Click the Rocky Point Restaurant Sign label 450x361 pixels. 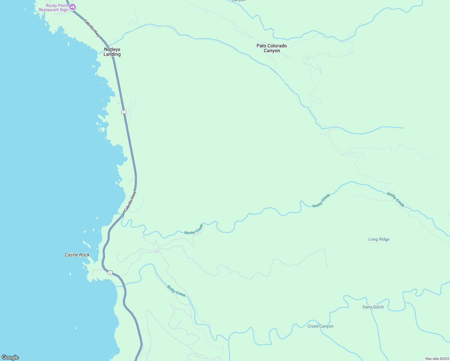(x=53, y=8)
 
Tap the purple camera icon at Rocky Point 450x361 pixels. (x=72, y=7)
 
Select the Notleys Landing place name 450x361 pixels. (x=112, y=52)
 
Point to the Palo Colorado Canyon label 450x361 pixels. (x=272, y=48)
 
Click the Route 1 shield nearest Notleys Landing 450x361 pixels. (x=124, y=112)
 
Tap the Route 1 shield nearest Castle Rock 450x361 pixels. (x=110, y=273)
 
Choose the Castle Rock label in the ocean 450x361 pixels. (x=77, y=255)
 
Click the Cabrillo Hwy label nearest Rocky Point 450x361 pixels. (x=92, y=28)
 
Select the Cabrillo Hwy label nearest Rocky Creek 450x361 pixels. (x=130, y=201)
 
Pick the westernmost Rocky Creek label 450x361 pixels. (x=194, y=229)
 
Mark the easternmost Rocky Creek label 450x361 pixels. (x=396, y=199)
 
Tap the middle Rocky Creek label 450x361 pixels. (x=321, y=201)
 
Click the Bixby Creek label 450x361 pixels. (x=176, y=291)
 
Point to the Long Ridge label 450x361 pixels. (x=379, y=239)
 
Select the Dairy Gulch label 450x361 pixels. (x=373, y=307)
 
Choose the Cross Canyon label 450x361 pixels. (x=320, y=326)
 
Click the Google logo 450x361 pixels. (x=10, y=357)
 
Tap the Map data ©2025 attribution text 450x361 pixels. (x=437, y=359)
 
